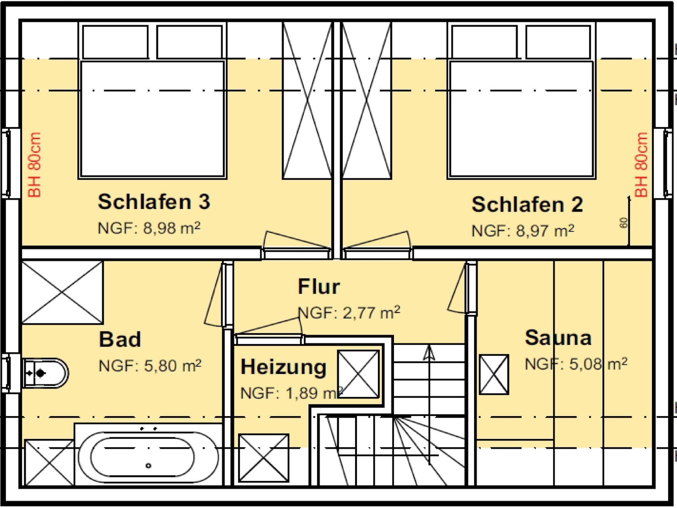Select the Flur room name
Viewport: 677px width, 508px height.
coord(319,286)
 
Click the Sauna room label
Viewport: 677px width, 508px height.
coord(558,338)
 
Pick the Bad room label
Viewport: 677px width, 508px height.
coord(120,339)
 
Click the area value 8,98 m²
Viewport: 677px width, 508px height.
coord(172,228)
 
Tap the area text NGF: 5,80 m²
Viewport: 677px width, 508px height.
coord(150,366)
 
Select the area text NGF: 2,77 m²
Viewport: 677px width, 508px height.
coord(349,313)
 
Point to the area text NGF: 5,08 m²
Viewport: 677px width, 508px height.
coord(576,364)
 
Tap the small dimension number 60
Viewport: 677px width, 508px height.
coord(624,223)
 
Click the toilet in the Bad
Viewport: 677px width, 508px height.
coord(45,373)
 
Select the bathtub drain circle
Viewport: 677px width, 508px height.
coord(148,466)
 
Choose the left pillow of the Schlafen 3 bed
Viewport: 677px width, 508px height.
coord(115,42)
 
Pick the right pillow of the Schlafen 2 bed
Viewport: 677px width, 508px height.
coord(558,42)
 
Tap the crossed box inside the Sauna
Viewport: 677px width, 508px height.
coord(494,374)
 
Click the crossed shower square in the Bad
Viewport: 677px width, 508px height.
coord(62,292)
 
